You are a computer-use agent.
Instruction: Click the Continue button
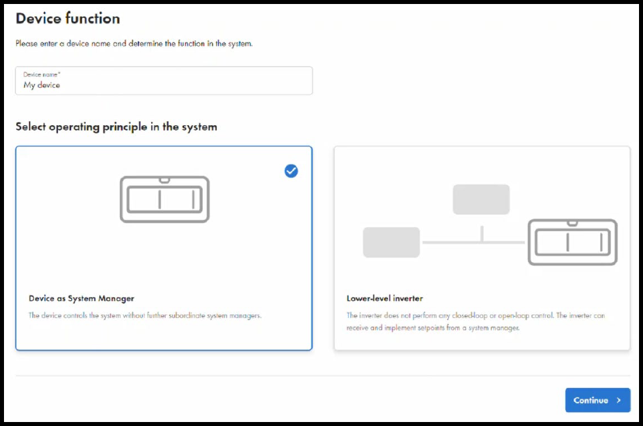point(597,400)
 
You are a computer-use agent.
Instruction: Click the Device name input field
point(164,81)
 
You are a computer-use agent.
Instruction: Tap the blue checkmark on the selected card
point(291,171)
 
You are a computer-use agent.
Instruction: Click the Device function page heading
point(67,19)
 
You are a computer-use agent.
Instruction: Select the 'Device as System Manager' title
point(81,298)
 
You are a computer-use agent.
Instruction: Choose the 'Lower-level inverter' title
point(384,298)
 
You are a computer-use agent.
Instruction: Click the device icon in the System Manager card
point(164,199)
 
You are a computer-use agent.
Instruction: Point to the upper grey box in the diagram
point(481,200)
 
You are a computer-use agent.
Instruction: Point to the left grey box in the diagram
point(391,242)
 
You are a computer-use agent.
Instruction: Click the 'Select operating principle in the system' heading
point(116,126)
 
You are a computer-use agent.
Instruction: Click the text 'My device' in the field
point(41,85)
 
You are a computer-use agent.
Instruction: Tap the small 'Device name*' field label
point(41,75)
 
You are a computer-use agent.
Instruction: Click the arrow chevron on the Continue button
point(618,400)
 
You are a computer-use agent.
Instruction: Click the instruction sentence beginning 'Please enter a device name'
point(134,44)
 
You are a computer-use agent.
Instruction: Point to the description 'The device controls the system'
point(144,316)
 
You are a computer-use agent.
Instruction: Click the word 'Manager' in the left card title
point(118,298)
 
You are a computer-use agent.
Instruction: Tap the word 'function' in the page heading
point(93,19)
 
